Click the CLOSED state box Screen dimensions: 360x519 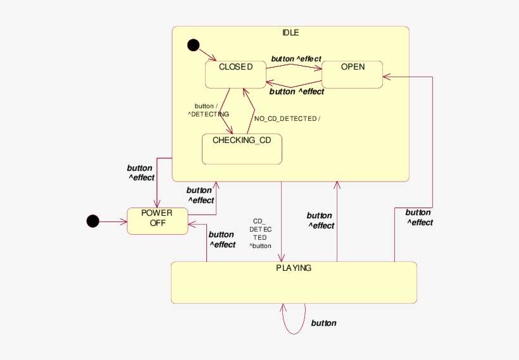click(x=235, y=74)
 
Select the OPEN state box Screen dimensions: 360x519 click(x=352, y=74)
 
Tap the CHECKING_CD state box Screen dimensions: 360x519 click(x=241, y=148)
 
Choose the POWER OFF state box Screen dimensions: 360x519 click(x=157, y=221)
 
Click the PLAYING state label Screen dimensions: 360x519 click(x=294, y=268)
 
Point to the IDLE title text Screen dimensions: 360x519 click(x=291, y=33)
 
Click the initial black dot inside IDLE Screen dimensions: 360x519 click(x=193, y=45)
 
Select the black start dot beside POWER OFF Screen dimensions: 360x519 click(x=92, y=221)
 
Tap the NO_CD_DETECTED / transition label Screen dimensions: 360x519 click(x=287, y=119)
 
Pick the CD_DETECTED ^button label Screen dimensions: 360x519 click(x=260, y=233)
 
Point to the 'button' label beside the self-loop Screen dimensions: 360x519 click(x=323, y=323)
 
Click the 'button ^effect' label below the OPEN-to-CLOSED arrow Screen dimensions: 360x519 click(x=296, y=92)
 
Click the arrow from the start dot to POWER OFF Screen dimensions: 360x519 click(x=113, y=221)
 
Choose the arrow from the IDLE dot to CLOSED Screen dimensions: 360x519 click(x=208, y=54)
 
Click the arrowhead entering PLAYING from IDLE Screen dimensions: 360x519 click(x=281, y=258)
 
